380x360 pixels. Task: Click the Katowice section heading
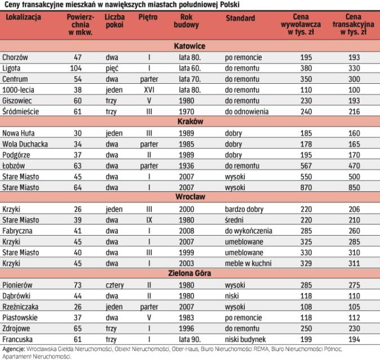pos(190,46)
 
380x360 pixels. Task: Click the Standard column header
pos(240,19)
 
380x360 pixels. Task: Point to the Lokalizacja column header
pos(23,19)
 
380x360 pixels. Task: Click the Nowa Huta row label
pos(18,133)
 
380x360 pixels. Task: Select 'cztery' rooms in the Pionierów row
pos(114,286)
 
